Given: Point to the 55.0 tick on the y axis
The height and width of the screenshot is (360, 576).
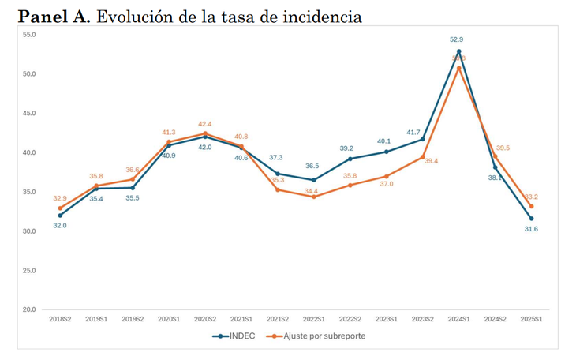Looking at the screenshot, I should pyautogui.click(x=28, y=35).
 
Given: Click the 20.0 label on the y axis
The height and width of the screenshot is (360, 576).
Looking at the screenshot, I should pyautogui.click(x=28, y=309).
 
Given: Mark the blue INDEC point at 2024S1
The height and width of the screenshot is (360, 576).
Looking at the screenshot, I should pyautogui.click(x=459, y=51).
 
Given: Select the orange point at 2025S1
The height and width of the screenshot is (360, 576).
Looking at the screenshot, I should pyautogui.click(x=531, y=206).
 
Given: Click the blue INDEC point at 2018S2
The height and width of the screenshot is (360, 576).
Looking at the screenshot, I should pyautogui.click(x=60, y=215).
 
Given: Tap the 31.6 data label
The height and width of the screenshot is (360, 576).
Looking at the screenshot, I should pyautogui.click(x=532, y=229).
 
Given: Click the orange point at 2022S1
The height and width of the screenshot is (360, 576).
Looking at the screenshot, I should pyautogui.click(x=313, y=197).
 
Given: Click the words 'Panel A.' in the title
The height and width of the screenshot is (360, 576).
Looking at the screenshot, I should pyautogui.click(x=53, y=17).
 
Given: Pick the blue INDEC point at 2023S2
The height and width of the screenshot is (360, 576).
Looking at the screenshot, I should pyautogui.click(x=423, y=139).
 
